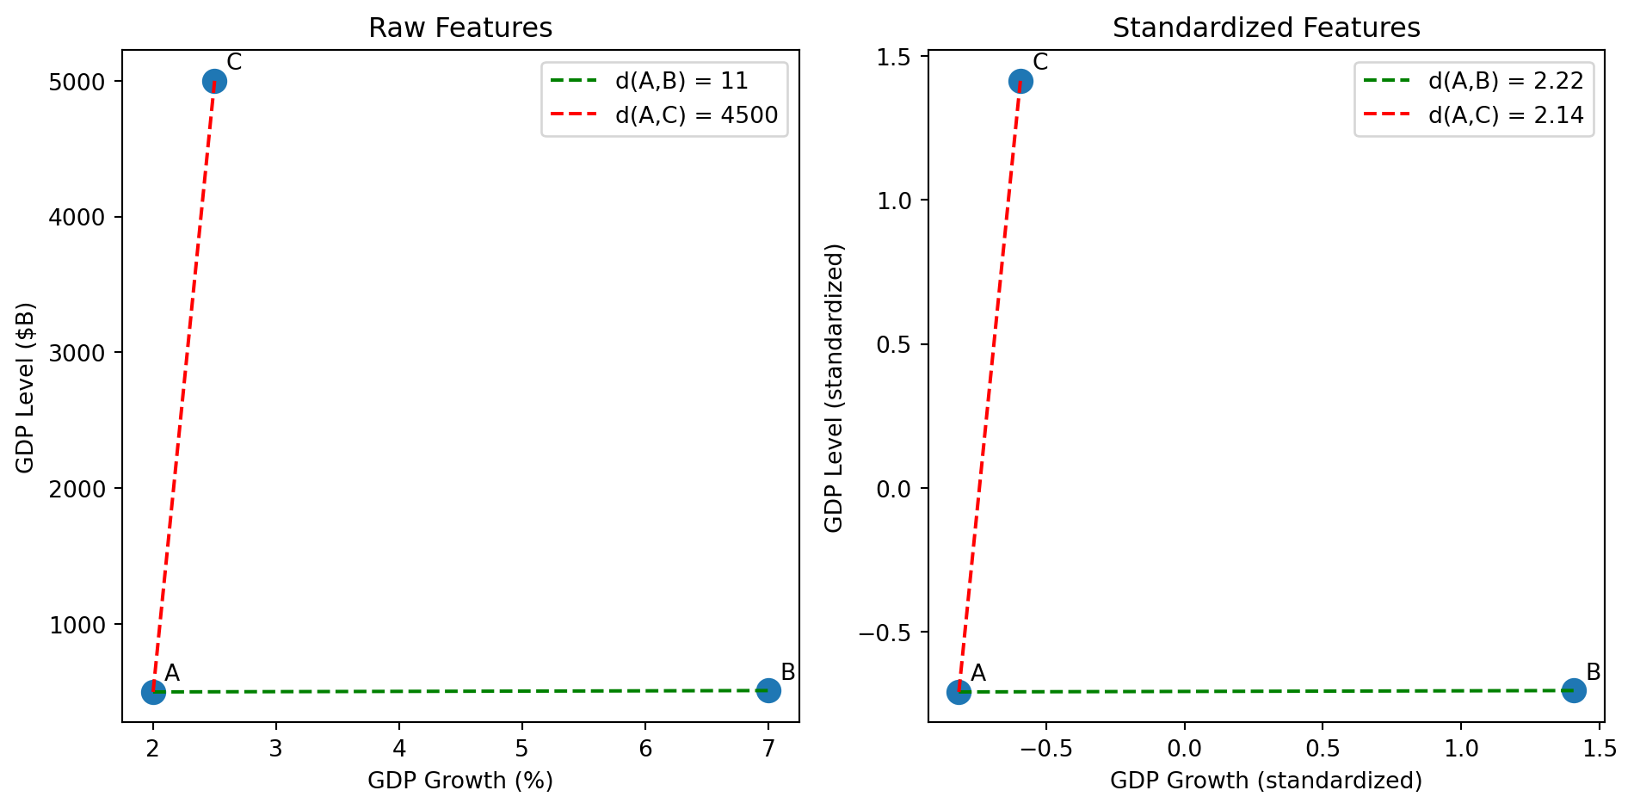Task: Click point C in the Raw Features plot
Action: tap(214, 82)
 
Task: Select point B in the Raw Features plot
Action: tap(768, 690)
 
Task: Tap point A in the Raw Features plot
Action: tap(153, 692)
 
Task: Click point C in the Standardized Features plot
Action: tap(1020, 82)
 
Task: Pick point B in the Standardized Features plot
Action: tap(1574, 690)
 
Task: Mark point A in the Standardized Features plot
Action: tap(959, 692)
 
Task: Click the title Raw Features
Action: tap(460, 28)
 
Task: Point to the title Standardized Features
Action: tap(1266, 28)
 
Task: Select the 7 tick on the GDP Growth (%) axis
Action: tap(768, 749)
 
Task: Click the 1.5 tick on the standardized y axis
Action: tap(895, 57)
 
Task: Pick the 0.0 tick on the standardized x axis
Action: tap(1184, 749)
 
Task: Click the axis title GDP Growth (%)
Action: tap(460, 781)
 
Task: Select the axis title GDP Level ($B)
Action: tap(26, 387)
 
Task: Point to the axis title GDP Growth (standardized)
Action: tap(1266, 781)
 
